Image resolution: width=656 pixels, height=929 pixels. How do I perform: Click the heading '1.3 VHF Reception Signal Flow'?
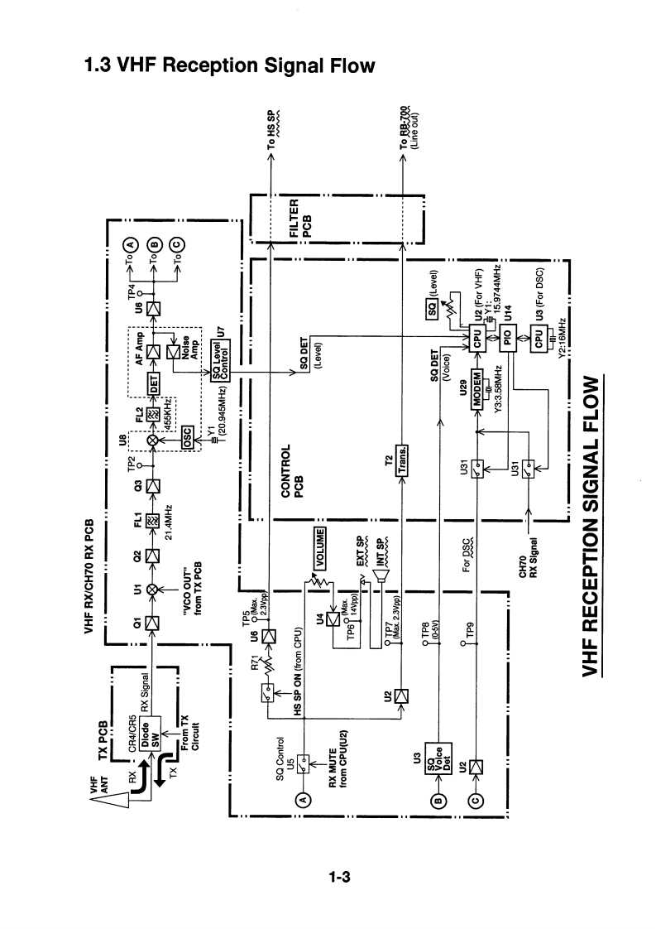229,65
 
